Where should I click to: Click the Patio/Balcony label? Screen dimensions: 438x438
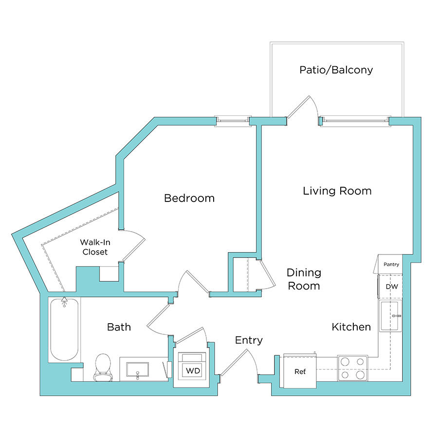pyautogui.click(x=336, y=70)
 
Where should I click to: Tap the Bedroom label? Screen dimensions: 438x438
pyautogui.click(x=189, y=198)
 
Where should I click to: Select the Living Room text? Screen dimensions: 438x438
pyautogui.click(x=337, y=191)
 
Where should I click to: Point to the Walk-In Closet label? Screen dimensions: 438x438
pyautogui.click(x=94, y=247)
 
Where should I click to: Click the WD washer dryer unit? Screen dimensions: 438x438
pyautogui.click(x=193, y=370)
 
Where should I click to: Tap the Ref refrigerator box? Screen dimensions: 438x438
pyautogui.click(x=300, y=372)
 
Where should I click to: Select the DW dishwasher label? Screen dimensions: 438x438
pyautogui.click(x=391, y=287)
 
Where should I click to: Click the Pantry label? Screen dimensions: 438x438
pyautogui.click(x=391, y=265)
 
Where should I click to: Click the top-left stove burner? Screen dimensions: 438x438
pyautogui.click(x=345, y=362)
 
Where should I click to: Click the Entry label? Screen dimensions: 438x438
pyautogui.click(x=249, y=340)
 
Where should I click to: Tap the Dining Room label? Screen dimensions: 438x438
pyautogui.click(x=304, y=279)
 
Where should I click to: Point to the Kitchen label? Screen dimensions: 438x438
pyautogui.click(x=351, y=327)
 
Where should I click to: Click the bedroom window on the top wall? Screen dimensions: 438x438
pyautogui.click(x=233, y=120)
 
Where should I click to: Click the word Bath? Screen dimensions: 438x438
pyautogui.click(x=119, y=327)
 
